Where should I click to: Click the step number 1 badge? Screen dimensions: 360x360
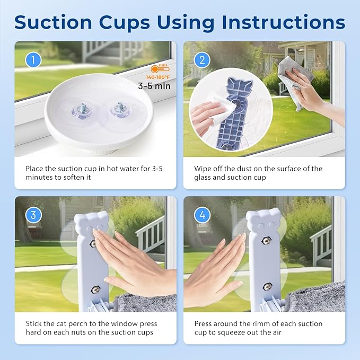[33, 60]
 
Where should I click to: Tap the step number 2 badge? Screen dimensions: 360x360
[202, 60]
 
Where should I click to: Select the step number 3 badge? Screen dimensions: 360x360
[33, 215]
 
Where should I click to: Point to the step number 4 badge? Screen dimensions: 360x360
[202, 215]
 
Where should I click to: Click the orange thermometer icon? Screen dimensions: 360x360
[160, 69]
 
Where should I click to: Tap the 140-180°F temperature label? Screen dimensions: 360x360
[157, 77]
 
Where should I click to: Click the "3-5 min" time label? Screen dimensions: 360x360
[154, 86]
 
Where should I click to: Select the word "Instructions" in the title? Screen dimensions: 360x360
[284, 22]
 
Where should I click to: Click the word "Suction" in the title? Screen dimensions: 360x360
[53, 22]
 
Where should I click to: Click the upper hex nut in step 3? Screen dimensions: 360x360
[93, 243]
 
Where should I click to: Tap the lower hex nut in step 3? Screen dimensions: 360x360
[94, 289]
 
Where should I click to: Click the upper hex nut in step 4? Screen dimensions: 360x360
[266, 241]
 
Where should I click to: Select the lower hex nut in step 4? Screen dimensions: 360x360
[267, 286]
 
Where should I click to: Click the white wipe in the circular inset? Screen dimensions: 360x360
[221, 108]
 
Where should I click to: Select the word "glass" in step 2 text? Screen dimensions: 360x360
[203, 178]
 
